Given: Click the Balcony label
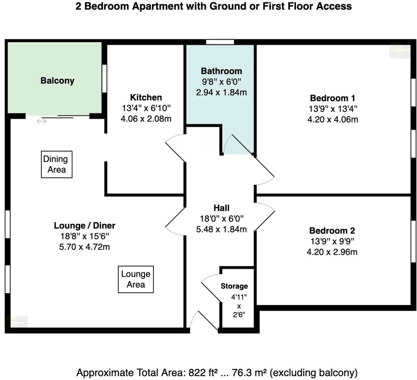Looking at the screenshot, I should pyautogui.click(x=57, y=81).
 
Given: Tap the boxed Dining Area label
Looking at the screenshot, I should pyautogui.click(x=57, y=164).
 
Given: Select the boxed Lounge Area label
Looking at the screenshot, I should pyautogui.click(x=136, y=279).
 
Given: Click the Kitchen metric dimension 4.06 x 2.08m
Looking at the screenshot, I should pyautogui.click(x=146, y=119).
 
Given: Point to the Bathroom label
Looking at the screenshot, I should pyautogui.click(x=221, y=71).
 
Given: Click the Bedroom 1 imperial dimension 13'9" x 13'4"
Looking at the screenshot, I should pyautogui.click(x=333, y=109).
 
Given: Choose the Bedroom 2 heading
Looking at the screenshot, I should pyautogui.click(x=332, y=231).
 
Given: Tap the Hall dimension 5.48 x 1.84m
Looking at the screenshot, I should pyautogui.click(x=221, y=229).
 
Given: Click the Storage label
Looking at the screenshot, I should pyautogui.click(x=234, y=286).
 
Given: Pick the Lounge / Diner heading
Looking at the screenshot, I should pyautogui.click(x=84, y=226).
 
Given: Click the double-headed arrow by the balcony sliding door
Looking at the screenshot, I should pyautogui.click(x=41, y=121).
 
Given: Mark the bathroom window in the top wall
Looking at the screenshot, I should pyautogui.click(x=220, y=42).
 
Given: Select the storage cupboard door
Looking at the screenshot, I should pyautogui.click(x=211, y=288).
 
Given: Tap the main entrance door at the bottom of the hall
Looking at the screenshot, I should pyautogui.click(x=205, y=320).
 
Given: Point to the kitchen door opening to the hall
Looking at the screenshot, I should pyautogui.click(x=175, y=148).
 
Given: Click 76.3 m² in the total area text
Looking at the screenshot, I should pyautogui.click(x=249, y=373).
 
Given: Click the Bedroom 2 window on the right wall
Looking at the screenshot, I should pyautogui.click(x=413, y=241).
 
